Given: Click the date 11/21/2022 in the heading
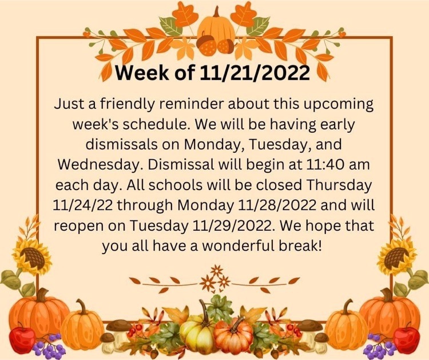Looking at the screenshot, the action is click(255, 73).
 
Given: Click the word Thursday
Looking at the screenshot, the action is click(339, 185).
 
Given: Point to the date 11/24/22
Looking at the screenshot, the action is click(82, 205).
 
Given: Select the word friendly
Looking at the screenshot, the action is click(127, 105).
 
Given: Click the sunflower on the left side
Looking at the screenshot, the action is click(32, 256).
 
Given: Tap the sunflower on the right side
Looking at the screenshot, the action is click(396, 256).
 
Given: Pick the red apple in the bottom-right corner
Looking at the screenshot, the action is click(406, 338).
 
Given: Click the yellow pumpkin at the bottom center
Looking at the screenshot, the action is click(197, 332).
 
